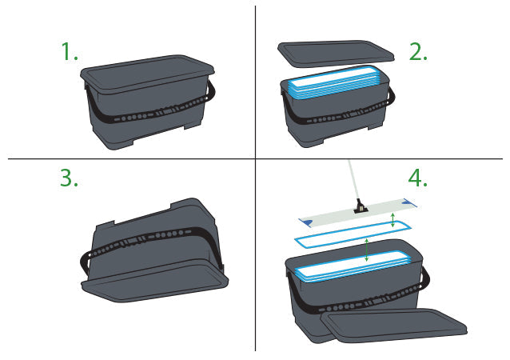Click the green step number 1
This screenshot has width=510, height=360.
[x=70, y=51]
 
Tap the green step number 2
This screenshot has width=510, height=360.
[x=418, y=51]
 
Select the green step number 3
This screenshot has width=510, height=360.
[x=69, y=178]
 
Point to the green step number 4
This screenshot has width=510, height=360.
[x=417, y=178]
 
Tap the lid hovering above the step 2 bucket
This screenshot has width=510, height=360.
[x=336, y=54]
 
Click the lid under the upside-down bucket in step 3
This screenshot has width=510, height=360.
[x=155, y=281]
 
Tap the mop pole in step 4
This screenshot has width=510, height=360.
[x=353, y=180]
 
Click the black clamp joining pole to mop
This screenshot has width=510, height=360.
[x=361, y=206]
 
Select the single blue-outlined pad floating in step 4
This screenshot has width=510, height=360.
[x=353, y=233]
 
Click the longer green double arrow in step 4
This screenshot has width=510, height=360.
[x=367, y=250]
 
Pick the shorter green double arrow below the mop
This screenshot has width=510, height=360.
[x=393, y=220]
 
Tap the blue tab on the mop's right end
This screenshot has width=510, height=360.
[x=409, y=202]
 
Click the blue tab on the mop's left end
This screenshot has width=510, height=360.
[x=307, y=222]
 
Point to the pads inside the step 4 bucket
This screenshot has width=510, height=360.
[x=353, y=266]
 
